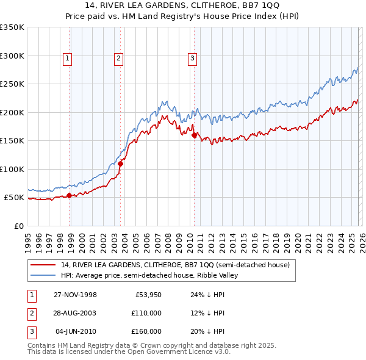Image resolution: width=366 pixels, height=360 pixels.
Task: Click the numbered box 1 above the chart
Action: tap(67, 59)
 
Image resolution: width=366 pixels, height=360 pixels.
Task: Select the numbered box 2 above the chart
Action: tap(118, 59)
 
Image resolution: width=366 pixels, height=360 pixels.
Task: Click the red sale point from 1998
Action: tap(70, 195)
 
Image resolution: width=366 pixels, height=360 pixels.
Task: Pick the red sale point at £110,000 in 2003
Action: tap(121, 164)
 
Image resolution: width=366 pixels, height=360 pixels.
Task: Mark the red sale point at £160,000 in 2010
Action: tap(194, 135)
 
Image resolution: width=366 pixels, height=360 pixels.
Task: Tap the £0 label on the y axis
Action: tap(18, 226)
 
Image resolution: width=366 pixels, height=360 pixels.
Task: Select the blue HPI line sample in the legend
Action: tap(43, 275)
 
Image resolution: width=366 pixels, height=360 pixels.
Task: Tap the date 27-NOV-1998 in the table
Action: tap(76, 295)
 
